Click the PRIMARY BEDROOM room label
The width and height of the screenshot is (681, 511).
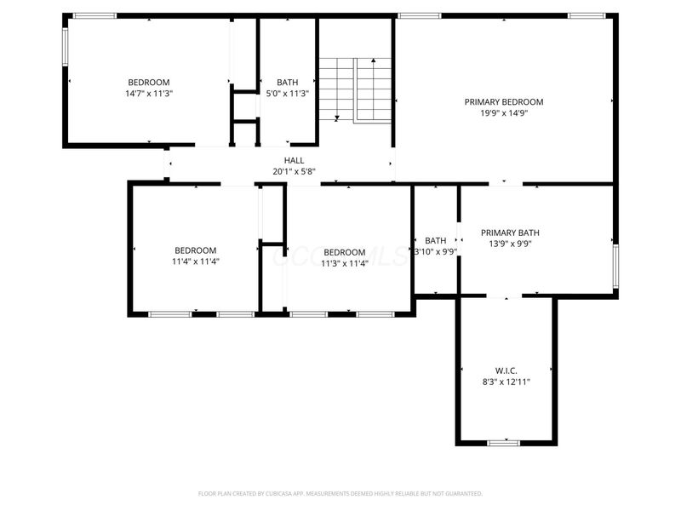503,102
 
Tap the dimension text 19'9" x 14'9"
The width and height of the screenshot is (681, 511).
503,113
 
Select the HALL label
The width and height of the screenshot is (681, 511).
294,160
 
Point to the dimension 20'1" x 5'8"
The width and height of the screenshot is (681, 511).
294,171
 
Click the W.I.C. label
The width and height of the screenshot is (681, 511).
506,371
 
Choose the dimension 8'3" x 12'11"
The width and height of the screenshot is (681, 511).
506,382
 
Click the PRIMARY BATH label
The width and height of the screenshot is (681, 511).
510,233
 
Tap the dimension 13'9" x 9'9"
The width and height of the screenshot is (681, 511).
510,244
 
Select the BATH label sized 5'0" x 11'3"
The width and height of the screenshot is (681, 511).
287,83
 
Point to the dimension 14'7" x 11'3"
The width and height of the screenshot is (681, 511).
149,94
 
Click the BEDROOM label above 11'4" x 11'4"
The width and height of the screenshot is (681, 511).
195,250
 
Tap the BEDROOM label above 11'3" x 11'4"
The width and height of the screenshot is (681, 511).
344,252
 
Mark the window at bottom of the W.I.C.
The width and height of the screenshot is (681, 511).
504,442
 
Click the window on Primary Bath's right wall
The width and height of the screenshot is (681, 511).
615,266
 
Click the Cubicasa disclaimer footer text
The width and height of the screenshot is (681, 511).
340,493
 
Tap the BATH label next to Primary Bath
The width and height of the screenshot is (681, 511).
435,240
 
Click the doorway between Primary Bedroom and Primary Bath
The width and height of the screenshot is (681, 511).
505,183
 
